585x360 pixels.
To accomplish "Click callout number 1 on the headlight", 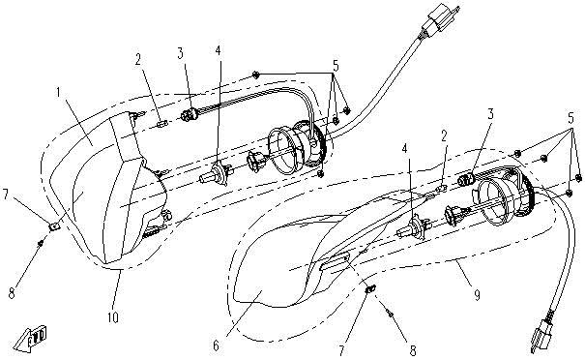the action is click(x=59, y=93).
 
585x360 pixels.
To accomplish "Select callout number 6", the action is click(x=216, y=346).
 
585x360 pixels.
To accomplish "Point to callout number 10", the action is click(x=113, y=317).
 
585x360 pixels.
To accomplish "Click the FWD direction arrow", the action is click(x=31, y=339).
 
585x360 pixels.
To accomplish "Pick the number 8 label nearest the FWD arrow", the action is click(x=13, y=293).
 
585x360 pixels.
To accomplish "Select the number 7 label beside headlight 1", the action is click(x=5, y=195).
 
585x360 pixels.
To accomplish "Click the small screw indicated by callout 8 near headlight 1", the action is click(x=41, y=244).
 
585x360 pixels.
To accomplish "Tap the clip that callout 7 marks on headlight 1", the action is click(x=54, y=226).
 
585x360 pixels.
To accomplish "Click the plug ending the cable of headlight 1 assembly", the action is click(x=440, y=20).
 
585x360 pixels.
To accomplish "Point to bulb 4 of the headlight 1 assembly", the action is click(x=215, y=174).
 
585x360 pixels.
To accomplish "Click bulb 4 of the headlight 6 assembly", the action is click(x=412, y=227).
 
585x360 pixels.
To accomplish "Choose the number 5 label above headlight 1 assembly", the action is click(x=336, y=67).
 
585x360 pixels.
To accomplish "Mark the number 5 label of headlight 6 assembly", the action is click(x=570, y=118).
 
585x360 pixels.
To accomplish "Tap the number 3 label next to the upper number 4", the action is click(x=181, y=53).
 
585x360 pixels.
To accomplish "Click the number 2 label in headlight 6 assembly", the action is click(x=444, y=136).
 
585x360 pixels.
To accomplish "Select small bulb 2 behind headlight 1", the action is click(x=162, y=124).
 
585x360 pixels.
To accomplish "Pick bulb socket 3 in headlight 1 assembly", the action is click(x=189, y=114).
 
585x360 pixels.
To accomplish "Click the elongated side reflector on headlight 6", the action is click(x=336, y=260).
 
